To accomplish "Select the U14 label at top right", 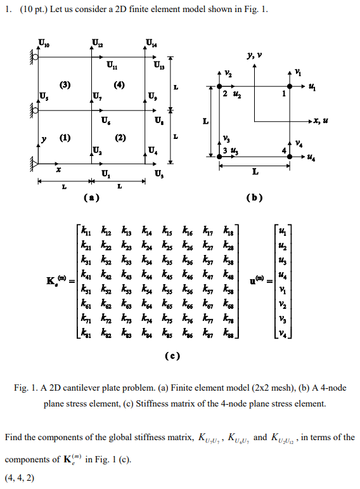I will [151, 44].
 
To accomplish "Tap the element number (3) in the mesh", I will [65, 84].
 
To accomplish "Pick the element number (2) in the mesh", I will [120, 137].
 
